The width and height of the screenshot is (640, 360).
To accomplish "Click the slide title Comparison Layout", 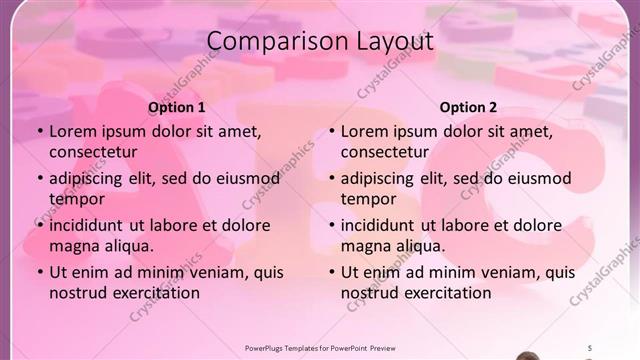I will [x=319, y=41].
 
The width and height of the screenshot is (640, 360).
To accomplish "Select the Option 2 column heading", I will [x=468, y=107].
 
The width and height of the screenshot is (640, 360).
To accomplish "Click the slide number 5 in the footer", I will [x=589, y=347].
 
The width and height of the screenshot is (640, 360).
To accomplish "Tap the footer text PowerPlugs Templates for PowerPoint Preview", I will [x=320, y=347].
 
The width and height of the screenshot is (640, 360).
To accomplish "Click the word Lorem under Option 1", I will [x=72, y=131].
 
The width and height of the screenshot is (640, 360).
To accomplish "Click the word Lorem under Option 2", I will [x=364, y=131].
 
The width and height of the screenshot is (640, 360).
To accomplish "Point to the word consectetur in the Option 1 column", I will [x=93, y=152].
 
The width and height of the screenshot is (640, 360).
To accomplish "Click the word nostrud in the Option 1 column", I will [x=77, y=293].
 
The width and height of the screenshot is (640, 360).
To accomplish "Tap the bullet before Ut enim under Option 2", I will [x=331, y=272].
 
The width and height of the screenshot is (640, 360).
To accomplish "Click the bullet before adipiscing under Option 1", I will [x=39, y=178].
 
